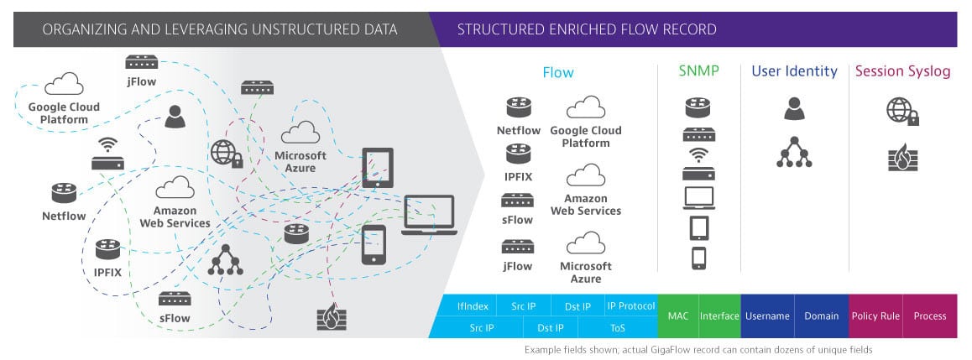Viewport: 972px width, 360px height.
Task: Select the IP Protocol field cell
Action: (x=630, y=305)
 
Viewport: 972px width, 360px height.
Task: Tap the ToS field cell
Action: (x=618, y=327)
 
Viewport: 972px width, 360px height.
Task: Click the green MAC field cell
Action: (x=678, y=316)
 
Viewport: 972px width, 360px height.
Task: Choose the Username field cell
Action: (x=767, y=316)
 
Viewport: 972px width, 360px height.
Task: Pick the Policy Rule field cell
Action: (x=875, y=316)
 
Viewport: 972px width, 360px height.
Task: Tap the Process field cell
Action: (x=930, y=316)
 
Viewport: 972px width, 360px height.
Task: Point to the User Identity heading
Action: (x=794, y=71)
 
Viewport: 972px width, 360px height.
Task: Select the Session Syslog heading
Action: (x=902, y=72)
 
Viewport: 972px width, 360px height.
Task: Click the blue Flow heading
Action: (x=558, y=72)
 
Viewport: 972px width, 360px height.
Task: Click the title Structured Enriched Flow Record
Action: (x=587, y=29)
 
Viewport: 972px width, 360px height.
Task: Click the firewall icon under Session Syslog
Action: (x=902, y=158)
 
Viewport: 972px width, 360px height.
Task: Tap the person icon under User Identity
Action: (x=794, y=108)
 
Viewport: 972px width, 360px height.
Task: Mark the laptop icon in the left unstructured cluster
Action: (x=429, y=215)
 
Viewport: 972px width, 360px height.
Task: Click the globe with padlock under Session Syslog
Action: (x=902, y=112)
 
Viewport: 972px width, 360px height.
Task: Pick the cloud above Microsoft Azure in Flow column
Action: (x=586, y=243)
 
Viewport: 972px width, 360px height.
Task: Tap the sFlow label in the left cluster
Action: (x=175, y=319)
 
